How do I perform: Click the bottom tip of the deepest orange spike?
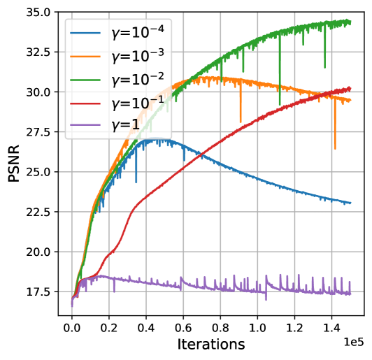[335, 149]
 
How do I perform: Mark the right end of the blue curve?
[351, 203]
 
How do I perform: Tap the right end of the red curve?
[351, 88]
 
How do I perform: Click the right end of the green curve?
[351, 22]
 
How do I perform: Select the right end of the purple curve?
[351, 294]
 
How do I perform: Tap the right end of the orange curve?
[351, 101]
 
